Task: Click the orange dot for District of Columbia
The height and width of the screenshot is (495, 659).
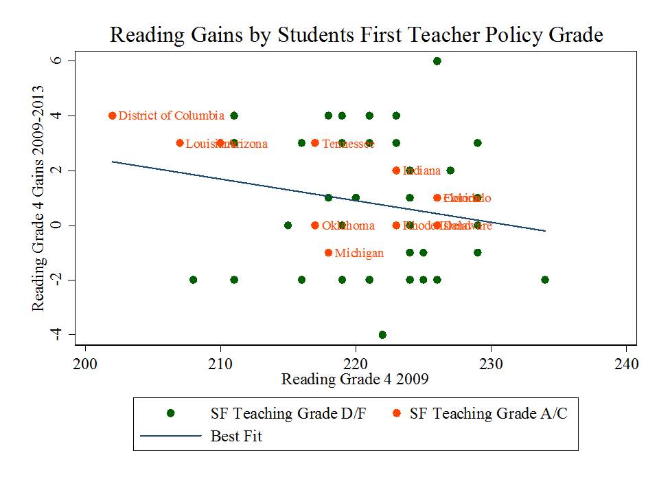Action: [x=113, y=115]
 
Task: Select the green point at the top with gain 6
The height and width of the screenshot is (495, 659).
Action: [x=437, y=61]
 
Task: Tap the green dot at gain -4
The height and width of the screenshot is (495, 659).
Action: [x=382, y=335]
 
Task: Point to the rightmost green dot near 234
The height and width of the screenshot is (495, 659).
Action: [x=544, y=280]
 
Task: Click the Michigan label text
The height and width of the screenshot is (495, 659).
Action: [x=359, y=254]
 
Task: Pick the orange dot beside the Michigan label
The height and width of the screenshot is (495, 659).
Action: [x=328, y=252]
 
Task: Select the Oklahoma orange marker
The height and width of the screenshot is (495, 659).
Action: [x=315, y=225]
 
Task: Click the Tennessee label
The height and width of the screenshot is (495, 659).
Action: [x=348, y=144]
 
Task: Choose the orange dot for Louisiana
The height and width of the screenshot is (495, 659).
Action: [x=180, y=143]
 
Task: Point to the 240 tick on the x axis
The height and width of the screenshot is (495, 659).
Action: [x=625, y=364]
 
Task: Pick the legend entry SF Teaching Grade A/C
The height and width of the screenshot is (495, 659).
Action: [x=489, y=413]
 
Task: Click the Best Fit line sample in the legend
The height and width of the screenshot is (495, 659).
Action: [x=171, y=436]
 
